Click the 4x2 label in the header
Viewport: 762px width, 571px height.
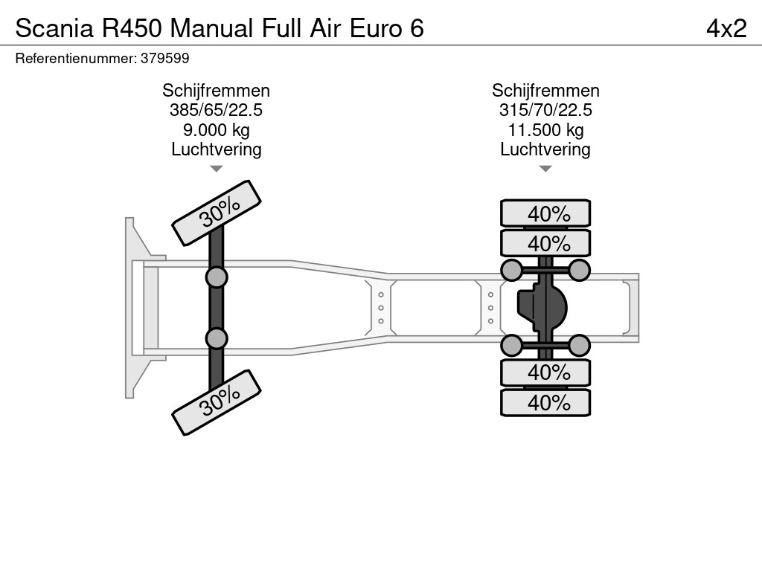point(726,28)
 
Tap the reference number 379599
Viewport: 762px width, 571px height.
point(164,58)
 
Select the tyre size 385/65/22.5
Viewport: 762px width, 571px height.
point(216,111)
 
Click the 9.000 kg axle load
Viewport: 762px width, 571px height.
point(216,130)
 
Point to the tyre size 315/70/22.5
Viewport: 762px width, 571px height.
point(545,111)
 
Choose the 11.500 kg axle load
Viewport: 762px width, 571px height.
point(545,130)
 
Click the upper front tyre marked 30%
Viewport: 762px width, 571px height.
point(217,213)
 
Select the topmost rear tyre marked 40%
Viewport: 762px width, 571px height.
point(545,213)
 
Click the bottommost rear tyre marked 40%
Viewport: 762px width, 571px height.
point(545,402)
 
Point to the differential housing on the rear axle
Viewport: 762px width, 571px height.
point(543,308)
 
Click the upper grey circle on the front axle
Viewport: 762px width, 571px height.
point(216,278)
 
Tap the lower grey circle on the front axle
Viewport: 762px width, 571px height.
point(216,338)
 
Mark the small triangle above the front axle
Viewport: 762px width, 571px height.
point(216,169)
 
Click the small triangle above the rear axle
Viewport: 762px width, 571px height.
point(545,169)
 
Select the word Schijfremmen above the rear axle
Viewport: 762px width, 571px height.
point(545,91)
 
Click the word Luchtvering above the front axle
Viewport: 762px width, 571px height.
point(216,149)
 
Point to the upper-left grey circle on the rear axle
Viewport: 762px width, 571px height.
point(511,270)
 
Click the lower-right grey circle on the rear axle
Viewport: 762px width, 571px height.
point(579,345)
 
